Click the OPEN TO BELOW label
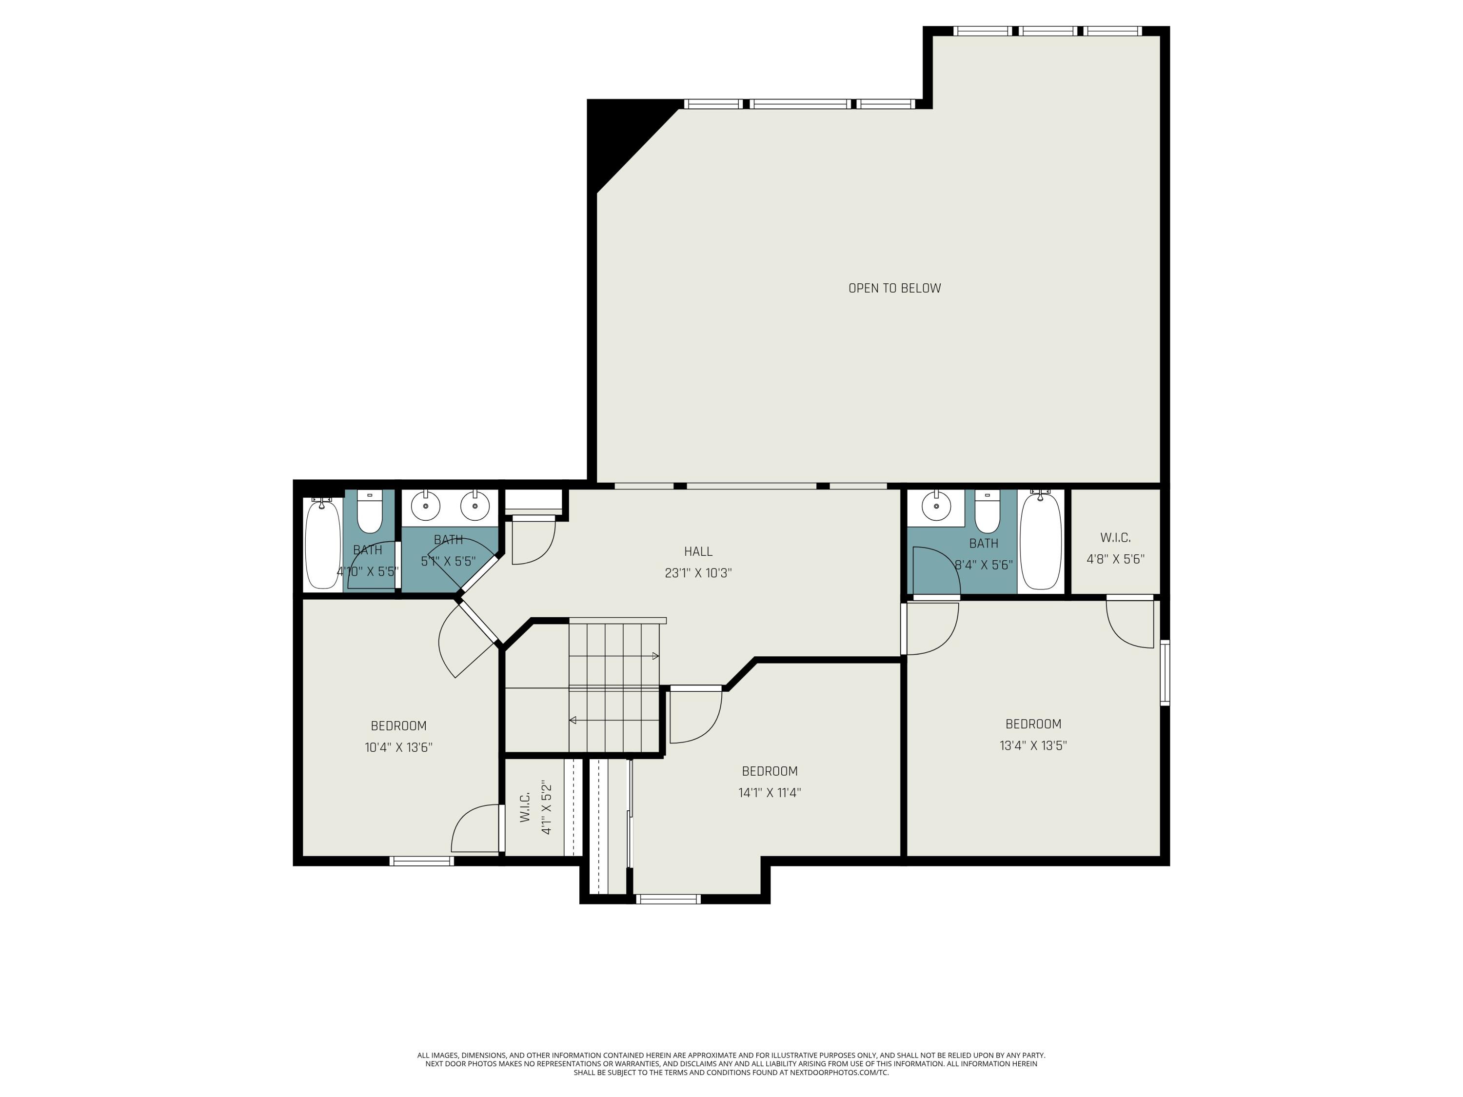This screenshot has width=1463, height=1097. click(x=894, y=288)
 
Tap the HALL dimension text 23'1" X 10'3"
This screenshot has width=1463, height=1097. click(x=698, y=573)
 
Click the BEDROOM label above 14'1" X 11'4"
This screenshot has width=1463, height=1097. click(x=769, y=771)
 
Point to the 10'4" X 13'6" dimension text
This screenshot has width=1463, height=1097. click(x=398, y=748)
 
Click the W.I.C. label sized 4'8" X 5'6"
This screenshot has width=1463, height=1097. click(x=1115, y=538)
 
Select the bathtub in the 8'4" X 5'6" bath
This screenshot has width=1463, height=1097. click(x=1040, y=542)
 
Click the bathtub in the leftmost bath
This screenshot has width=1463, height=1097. click(x=322, y=544)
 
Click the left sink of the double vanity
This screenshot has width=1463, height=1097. click(x=426, y=507)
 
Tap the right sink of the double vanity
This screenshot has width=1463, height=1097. click(x=474, y=507)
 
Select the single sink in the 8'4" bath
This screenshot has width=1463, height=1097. click(x=936, y=507)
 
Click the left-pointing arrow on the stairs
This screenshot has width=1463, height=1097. click(x=573, y=720)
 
